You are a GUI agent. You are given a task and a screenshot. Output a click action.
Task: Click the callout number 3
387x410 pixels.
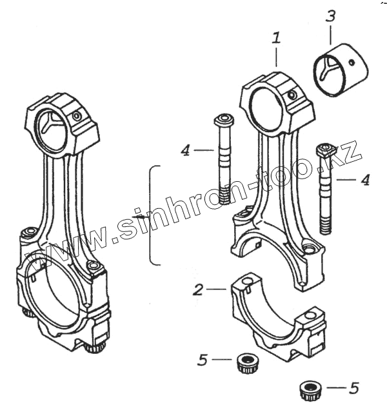point(330,16)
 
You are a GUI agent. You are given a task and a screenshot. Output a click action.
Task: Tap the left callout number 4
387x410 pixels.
point(185,151)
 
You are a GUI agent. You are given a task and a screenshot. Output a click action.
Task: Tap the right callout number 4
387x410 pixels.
point(364,179)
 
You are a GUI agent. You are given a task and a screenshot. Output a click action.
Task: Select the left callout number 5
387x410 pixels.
point(203,360)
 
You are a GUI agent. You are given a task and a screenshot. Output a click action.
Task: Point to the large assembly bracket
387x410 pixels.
point(153,215)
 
